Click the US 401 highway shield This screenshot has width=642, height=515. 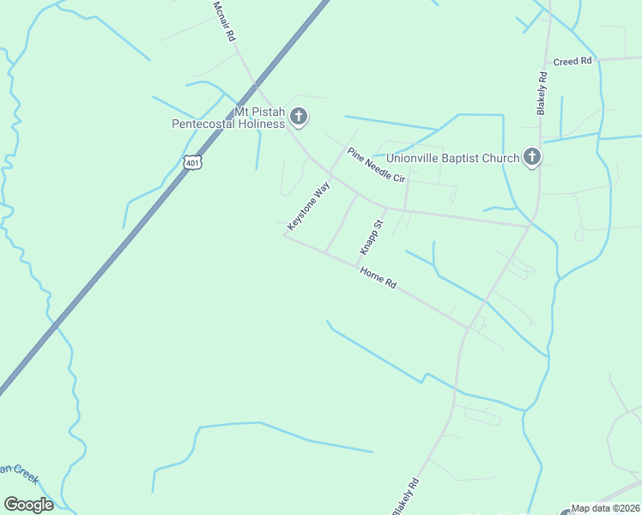coord(192,162)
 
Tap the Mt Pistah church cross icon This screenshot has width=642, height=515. coord(299,116)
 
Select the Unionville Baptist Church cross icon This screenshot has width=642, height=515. coord(532,157)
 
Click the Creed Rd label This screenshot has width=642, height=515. coord(572,61)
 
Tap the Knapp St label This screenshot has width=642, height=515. coord(371,237)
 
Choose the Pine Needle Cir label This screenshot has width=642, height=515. coord(375,166)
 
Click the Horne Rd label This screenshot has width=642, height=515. coord(378,277)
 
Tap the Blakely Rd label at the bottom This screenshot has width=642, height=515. coord(405,495)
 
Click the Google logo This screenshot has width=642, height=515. coord(28,505)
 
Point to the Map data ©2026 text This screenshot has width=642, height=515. coord(606,508)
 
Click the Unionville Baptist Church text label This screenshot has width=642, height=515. coord(452,158)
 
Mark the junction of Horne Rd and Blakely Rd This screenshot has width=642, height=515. coord(469,327)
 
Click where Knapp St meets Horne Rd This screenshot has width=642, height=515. coord(356,266)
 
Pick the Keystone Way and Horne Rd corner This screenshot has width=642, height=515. coord(285,235)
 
